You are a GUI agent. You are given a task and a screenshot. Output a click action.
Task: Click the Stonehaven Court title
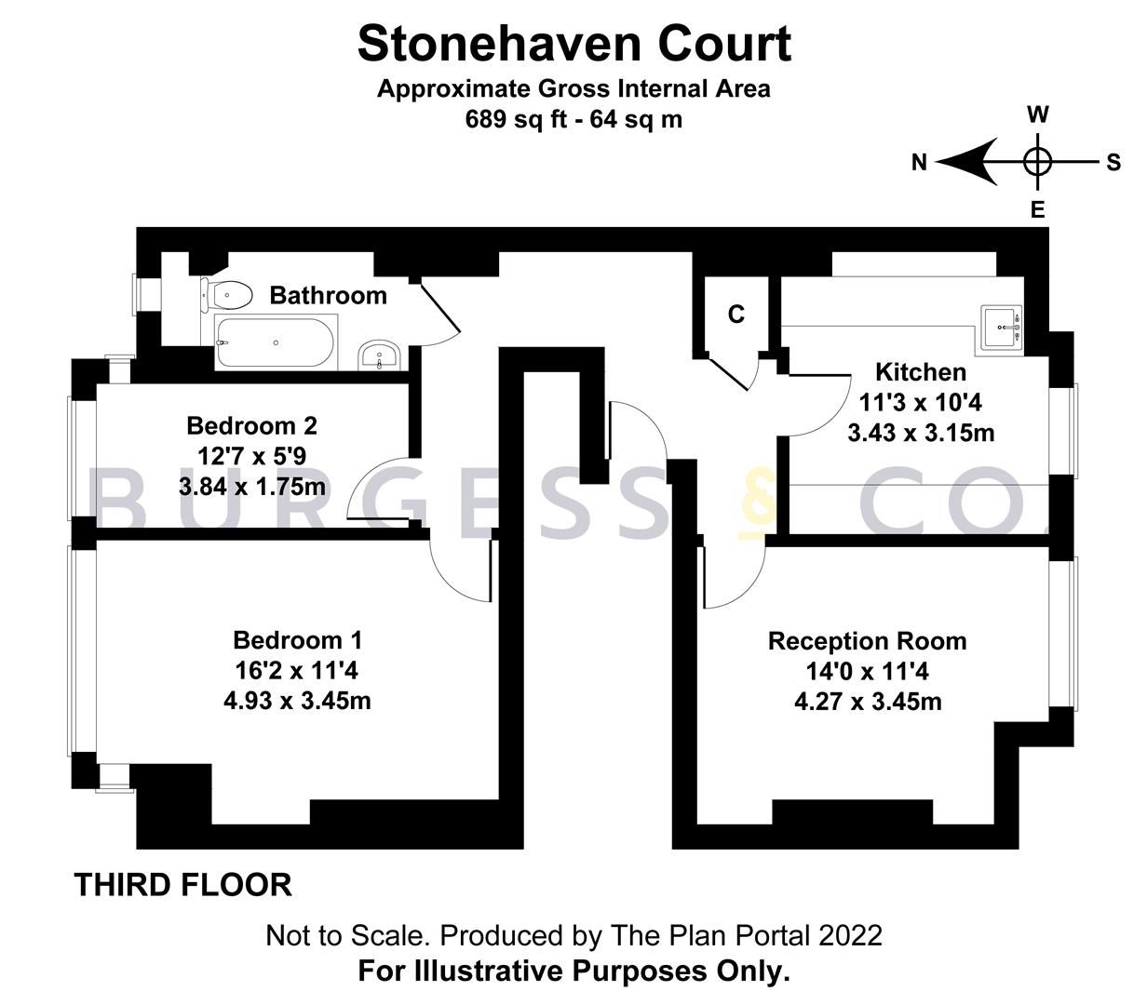[x=573, y=44]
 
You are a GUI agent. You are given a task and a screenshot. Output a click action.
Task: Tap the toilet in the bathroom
[x=226, y=296]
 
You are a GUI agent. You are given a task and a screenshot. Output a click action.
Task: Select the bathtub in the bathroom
[x=275, y=342]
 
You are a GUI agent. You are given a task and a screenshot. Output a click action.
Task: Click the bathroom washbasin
[x=380, y=355]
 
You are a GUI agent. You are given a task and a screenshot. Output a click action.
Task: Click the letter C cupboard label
[x=735, y=315]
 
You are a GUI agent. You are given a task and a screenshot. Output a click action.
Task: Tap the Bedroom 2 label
[x=251, y=425]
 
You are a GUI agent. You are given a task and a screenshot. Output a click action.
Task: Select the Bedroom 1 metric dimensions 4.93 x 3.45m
[x=297, y=700]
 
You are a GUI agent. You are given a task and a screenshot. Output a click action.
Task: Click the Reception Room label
[x=867, y=641]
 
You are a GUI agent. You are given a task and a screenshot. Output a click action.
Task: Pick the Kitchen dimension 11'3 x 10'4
[x=920, y=403]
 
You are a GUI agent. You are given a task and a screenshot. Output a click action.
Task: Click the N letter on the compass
[x=919, y=163]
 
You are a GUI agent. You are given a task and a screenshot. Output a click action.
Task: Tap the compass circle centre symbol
[x=1037, y=163]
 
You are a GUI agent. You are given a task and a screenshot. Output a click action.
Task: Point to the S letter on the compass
[x=1113, y=163]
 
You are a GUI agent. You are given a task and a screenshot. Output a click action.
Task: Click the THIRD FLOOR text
[x=183, y=884]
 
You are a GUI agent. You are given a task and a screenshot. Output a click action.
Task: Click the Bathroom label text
[x=328, y=295]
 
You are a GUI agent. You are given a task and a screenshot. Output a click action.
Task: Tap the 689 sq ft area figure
[x=511, y=119]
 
